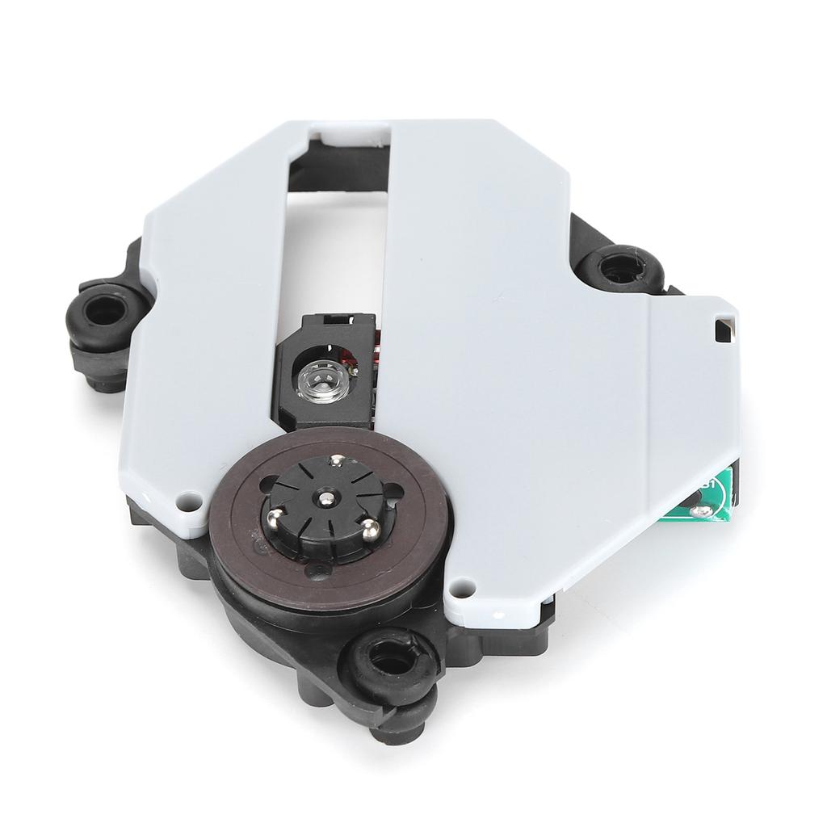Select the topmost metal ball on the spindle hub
336,461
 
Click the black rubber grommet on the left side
104,308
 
